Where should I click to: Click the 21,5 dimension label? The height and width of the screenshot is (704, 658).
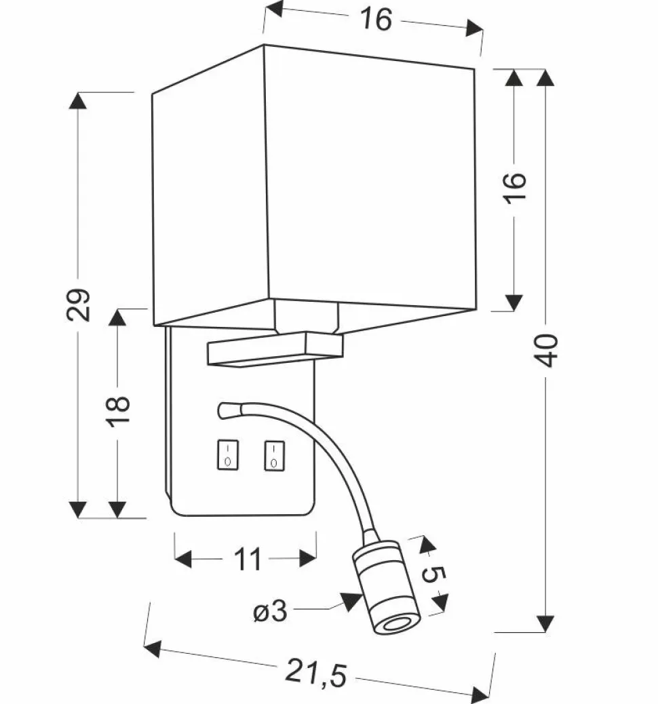pos(315,672)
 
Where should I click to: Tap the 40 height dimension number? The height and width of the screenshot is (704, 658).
pos(548,350)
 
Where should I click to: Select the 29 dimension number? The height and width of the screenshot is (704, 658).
pos(79,305)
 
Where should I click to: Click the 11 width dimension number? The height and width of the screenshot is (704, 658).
pos(248,560)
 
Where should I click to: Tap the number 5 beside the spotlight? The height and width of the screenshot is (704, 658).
pos(434,576)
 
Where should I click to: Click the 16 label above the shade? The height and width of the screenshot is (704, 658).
pos(376,20)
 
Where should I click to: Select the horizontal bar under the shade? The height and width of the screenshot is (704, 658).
pos(275,350)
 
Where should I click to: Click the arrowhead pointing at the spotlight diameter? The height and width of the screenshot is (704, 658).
pos(351,601)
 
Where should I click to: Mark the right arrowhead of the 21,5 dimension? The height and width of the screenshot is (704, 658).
pos(481,692)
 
